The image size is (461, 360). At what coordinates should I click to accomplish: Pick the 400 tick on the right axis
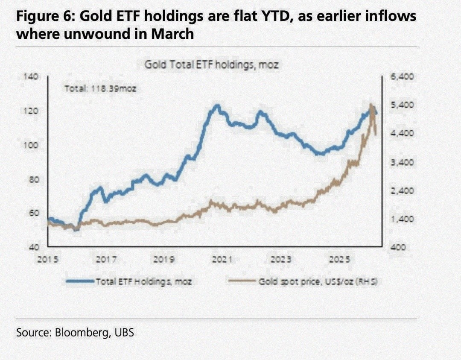tap(398, 247)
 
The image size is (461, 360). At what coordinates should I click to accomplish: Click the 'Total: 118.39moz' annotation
tap(100, 89)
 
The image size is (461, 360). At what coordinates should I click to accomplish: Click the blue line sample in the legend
tap(80, 281)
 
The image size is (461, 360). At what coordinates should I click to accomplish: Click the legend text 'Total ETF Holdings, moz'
tap(144, 281)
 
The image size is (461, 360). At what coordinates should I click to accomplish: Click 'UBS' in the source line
tap(124, 332)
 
